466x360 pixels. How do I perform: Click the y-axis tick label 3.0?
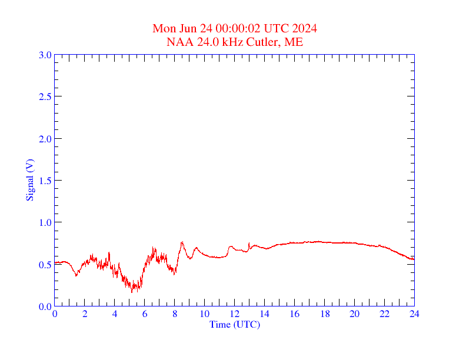click(45, 55)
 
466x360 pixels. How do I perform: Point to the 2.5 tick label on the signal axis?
click(45, 96)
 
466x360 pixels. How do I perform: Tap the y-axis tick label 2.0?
click(45, 139)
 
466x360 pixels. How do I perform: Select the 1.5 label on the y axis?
click(45, 181)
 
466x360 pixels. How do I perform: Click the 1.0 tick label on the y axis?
click(45, 222)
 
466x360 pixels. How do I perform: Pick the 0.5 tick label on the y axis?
click(45, 265)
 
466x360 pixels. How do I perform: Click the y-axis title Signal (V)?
click(29, 180)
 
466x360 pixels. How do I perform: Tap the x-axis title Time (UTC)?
click(235, 324)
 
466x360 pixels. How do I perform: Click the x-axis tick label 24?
click(414, 314)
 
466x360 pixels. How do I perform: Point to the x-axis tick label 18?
click(324, 314)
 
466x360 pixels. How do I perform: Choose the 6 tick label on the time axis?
click(145, 314)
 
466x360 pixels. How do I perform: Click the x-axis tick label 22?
click(384, 314)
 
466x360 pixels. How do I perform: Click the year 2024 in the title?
click(305, 29)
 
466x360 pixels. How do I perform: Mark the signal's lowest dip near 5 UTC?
click(132, 292)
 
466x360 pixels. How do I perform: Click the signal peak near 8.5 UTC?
click(182, 242)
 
